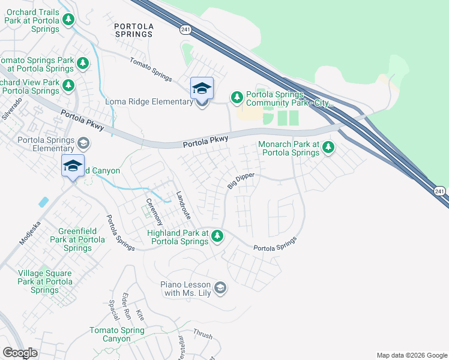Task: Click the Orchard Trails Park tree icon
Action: tap(69, 20)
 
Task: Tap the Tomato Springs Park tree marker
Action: tap(83, 63)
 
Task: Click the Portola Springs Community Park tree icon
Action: tap(237, 97)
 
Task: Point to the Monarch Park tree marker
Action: tap(328, 147)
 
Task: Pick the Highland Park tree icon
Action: tap(217, 237)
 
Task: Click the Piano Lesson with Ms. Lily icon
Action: tap(221, 289)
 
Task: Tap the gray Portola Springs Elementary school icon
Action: tap(83, 143)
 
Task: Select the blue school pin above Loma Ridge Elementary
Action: tap(202, 89)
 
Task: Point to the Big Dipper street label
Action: tap(241, 181)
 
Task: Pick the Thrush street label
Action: tap(202, 335)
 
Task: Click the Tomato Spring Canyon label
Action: tap(117, 335)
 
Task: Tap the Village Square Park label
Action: tap(44, 281)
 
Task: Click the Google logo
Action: tap(20, 353)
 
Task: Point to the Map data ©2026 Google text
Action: tap(411, 355)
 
